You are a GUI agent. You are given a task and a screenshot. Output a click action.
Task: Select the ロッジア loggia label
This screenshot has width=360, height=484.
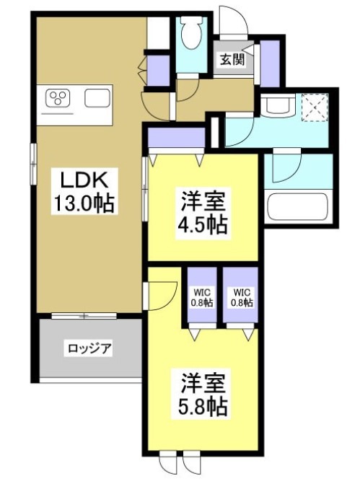[x=89, y=348]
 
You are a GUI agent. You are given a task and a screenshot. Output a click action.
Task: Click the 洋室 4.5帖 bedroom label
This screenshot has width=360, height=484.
[x=203, y=211]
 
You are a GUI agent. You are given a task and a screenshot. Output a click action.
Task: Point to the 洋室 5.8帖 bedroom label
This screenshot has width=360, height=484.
[x=201, y=394]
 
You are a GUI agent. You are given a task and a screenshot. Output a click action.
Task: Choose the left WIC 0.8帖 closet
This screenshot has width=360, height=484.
[x=202, y=297]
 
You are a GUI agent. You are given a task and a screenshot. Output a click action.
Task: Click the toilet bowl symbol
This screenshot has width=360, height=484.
[x=192, y=32]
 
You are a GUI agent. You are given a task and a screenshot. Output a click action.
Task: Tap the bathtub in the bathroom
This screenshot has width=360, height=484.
[x=298, y=205]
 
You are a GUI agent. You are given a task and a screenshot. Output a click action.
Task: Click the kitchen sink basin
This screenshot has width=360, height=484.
[x=97, y=98]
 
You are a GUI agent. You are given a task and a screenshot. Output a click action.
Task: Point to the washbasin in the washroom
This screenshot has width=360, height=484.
[x=276, y=106]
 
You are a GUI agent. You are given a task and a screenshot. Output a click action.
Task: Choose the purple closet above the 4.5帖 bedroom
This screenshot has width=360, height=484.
[x=176, y=136]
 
